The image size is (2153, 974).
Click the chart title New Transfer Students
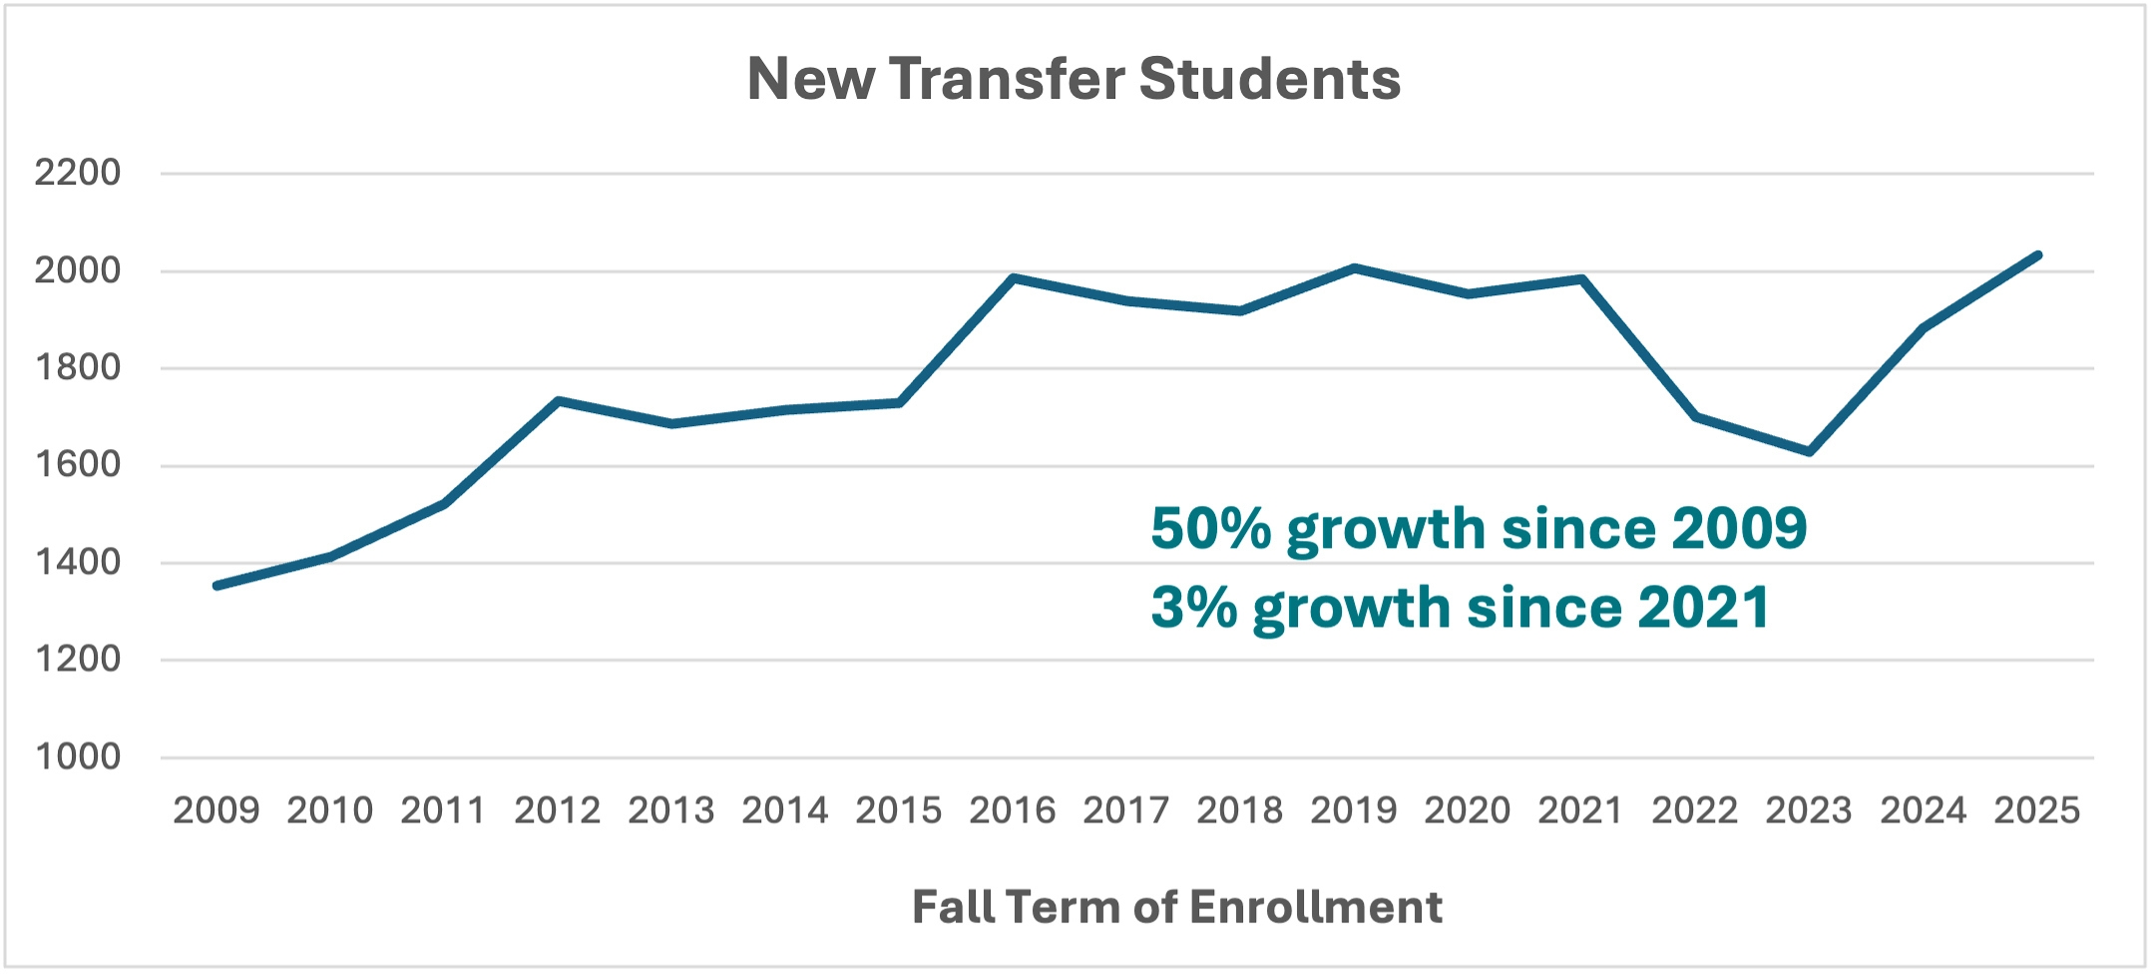pos(1074,79)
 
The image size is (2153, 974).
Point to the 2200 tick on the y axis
pos(77,173)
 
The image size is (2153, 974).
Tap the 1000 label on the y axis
pos(77,756)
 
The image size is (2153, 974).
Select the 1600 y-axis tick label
pos(77,464)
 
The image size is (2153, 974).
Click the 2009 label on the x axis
pos(215,810)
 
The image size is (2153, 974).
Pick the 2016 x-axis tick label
pos(1012,810)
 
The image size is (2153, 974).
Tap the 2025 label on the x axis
pos(2036,810)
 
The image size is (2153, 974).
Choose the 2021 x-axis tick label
pos(1580,810)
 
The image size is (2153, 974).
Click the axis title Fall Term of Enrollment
pos(1177,907)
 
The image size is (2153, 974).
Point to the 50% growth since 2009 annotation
pos(1479,528)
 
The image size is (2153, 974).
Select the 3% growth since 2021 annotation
pos(1461,607)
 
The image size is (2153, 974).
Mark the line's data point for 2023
pos(1809,452)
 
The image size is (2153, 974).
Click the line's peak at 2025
pos(2037,255)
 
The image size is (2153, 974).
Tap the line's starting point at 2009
pos(216,586)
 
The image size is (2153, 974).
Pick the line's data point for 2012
pos(558,401)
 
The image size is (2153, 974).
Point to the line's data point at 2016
pos(1013,277)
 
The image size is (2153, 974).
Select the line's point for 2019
pos(1354,267)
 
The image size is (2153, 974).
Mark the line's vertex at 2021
pos(1581,279)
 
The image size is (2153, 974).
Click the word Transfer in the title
pos(1006,79)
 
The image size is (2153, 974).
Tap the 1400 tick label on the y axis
pos(77,562)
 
